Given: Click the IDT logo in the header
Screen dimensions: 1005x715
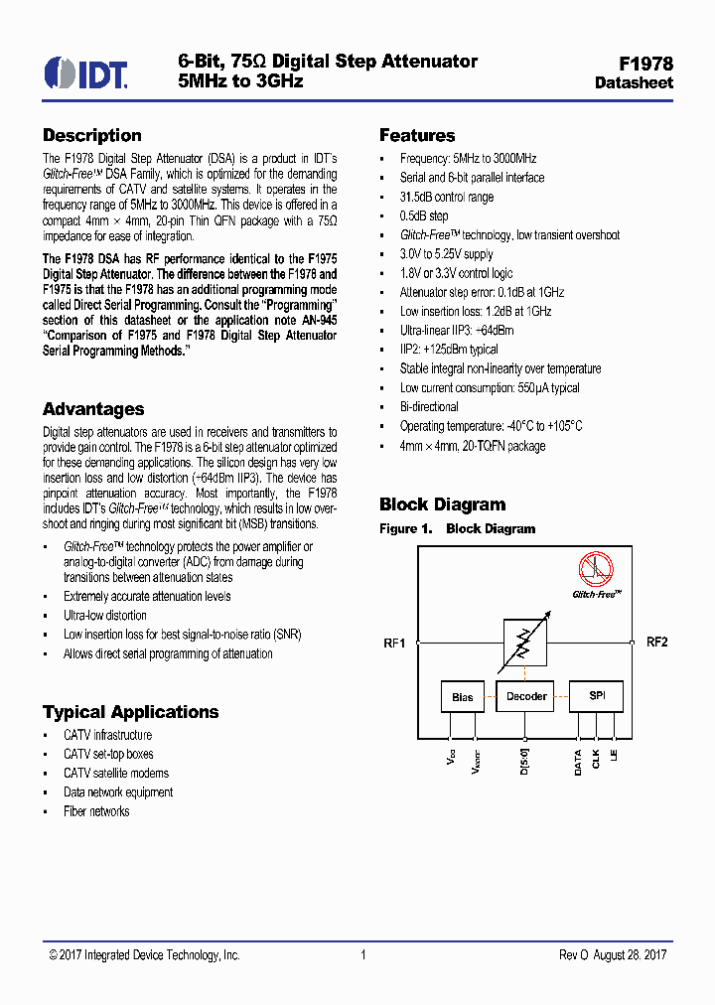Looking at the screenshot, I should (x=85, y=73).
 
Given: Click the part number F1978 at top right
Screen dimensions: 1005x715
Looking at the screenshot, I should (x=645, y=63).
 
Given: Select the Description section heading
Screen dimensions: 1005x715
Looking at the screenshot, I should (x=92, y=136).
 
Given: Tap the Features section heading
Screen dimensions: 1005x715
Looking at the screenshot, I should (x=417, y=136).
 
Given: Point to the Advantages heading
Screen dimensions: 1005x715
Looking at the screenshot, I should (x=93, y=409).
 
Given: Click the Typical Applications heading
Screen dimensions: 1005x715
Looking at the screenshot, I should (x=130, y=712).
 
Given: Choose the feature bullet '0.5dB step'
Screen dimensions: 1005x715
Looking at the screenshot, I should (x=424, y=215).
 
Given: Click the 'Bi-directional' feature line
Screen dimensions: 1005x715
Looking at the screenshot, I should (x=429, y=407).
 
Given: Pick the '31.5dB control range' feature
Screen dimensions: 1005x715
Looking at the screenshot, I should (x=447, y=197).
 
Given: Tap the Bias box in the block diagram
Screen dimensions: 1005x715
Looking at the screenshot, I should (x=462, y=697).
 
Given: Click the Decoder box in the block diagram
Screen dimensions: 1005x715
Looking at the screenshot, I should (x=526, y=697).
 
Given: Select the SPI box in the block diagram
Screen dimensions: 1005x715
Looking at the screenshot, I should (x=596, y=696).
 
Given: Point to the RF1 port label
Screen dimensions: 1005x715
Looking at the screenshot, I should (x=394, y=644).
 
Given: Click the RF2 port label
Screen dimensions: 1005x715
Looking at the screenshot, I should (x=657, y=643).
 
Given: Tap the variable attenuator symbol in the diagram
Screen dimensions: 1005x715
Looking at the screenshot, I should (x=525, y=643).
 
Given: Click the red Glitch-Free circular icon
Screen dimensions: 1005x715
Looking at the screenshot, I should (x=596, y=570).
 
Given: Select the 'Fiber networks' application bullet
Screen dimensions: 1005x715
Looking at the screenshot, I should (x=96, y=811).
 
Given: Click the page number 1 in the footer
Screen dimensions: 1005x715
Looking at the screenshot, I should (x=363, y=955).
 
